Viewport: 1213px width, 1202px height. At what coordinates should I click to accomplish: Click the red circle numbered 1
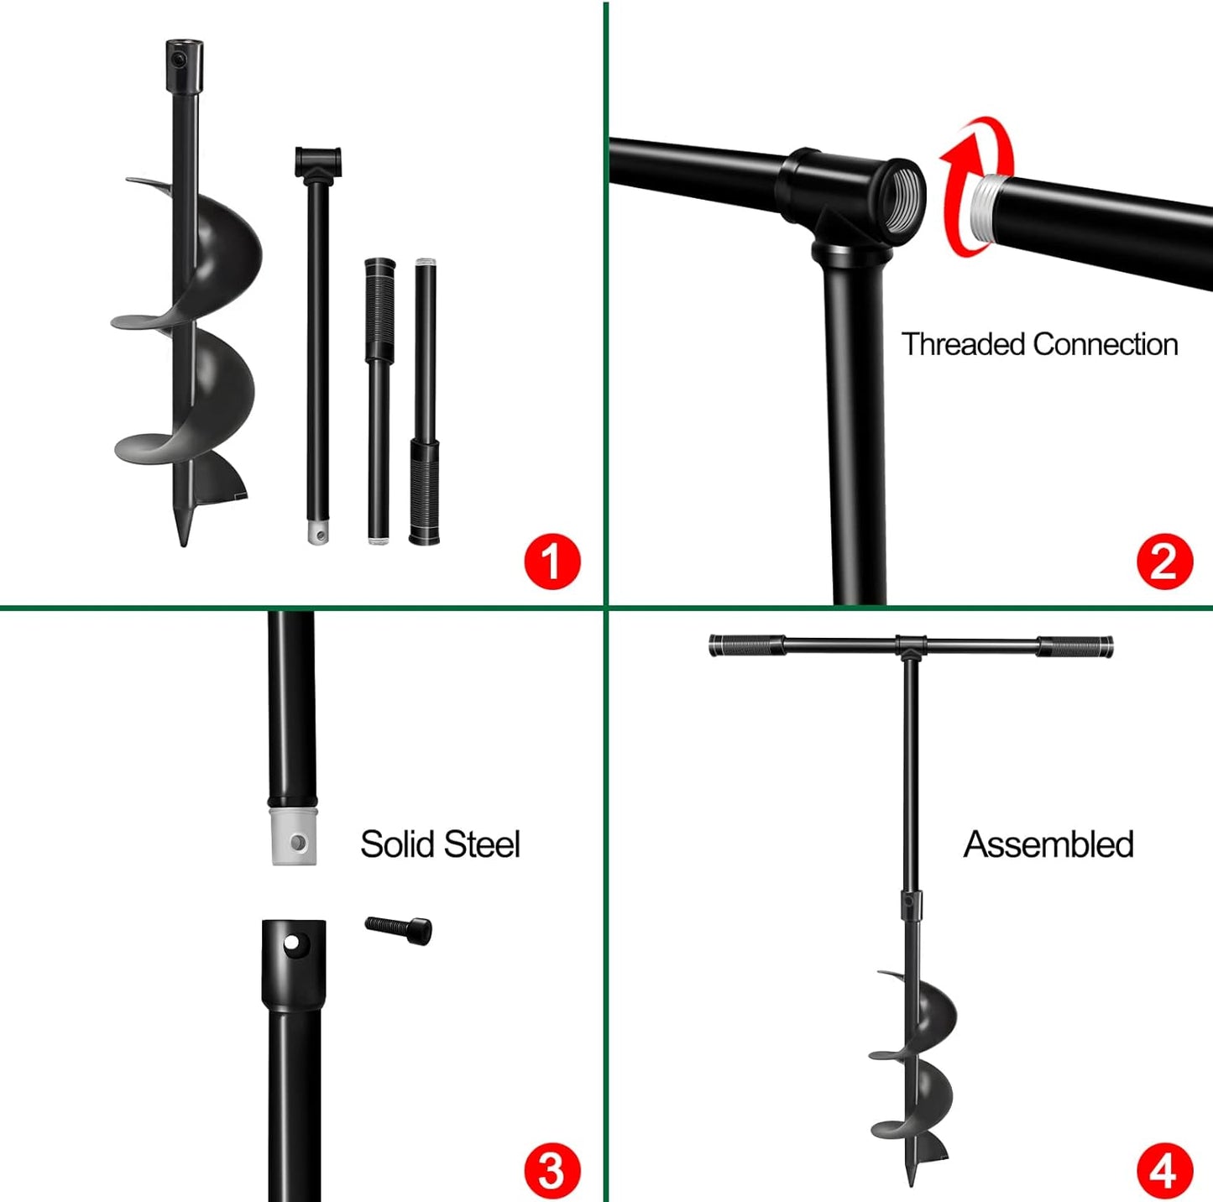[x=552, y=561]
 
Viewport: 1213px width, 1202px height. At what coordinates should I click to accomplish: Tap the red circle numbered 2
[x=1164, y=561]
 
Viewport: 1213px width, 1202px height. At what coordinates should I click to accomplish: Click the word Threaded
[x=963, y=344]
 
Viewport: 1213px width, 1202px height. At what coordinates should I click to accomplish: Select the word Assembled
[x=1048, y=844]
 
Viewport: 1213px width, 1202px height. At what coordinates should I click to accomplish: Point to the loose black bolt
[x=400, y=928]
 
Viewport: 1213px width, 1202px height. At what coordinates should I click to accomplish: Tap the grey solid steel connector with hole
[x=294, y=838]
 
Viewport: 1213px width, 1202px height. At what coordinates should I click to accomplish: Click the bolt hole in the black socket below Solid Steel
[x=291, y=944]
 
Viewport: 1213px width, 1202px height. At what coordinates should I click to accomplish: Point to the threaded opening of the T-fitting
[x=902, y=195]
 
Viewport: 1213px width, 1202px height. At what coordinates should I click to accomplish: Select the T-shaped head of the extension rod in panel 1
[x=318, y=162]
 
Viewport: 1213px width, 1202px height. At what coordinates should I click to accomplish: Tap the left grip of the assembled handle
[x=746, y=646]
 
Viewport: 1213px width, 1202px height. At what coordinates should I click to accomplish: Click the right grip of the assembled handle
[x=1075, y=647]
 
